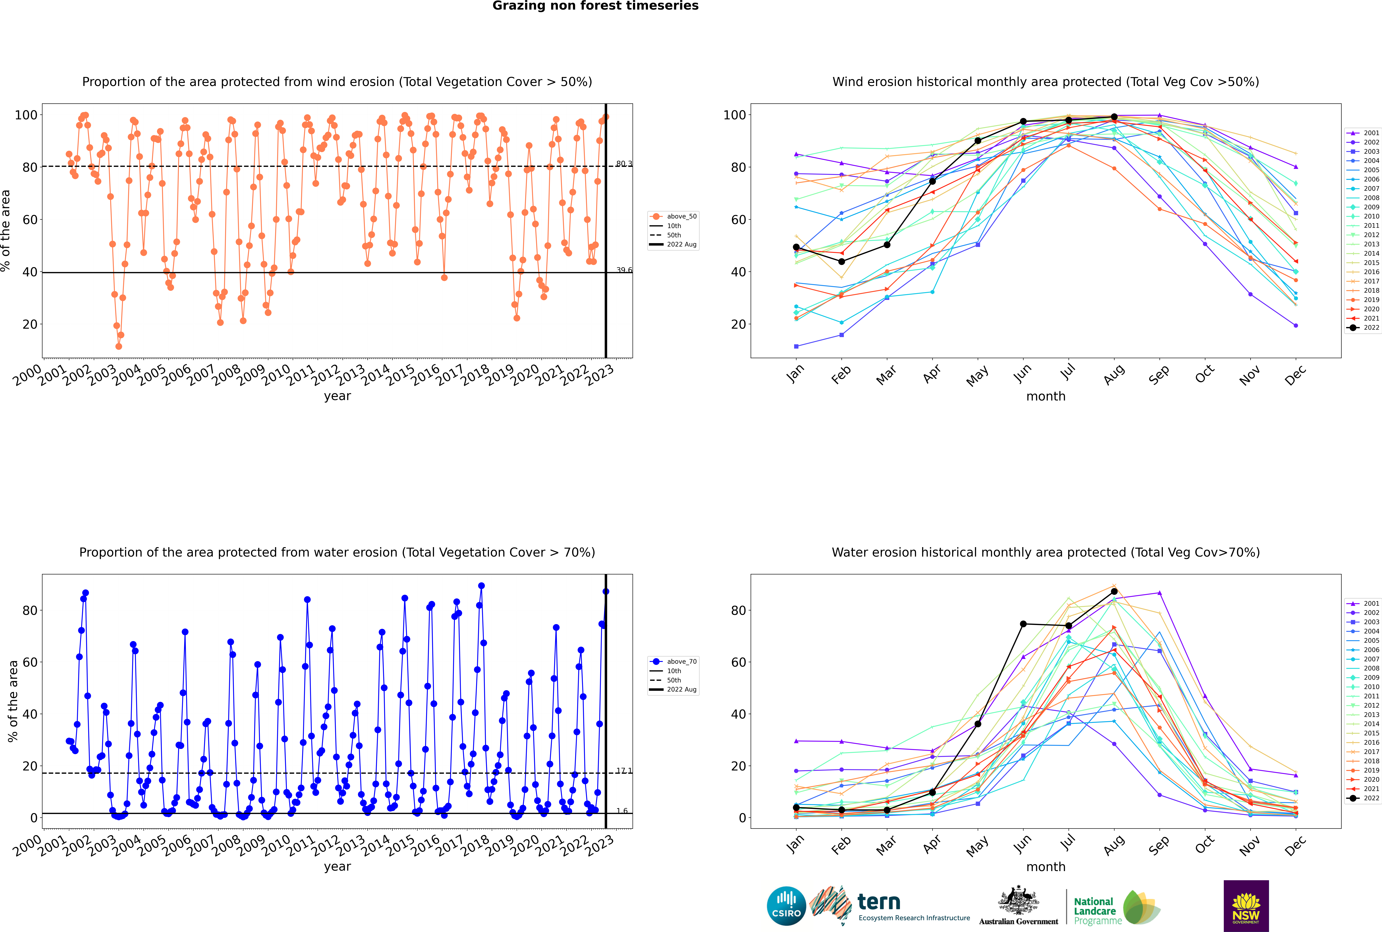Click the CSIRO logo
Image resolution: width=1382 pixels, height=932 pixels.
click(786, 906)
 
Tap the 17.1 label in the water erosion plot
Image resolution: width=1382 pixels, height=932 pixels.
click(624, 771)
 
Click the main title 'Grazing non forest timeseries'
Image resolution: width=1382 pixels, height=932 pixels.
click(595, 6)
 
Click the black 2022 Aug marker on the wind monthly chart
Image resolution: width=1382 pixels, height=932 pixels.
click(1114, 117)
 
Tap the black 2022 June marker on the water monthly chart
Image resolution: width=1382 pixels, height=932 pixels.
click(1023, 624)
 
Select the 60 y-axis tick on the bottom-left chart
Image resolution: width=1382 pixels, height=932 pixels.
click(30, 662)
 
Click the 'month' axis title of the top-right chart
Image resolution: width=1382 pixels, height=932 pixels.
click(1046, 397)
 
